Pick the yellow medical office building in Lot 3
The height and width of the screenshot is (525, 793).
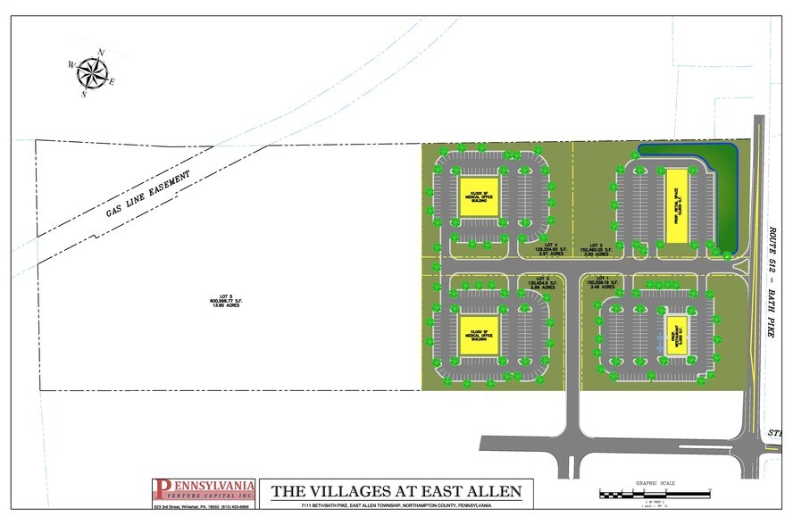click(x=472, y=337)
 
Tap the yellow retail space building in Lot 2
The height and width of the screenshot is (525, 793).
click(x=675, y=206)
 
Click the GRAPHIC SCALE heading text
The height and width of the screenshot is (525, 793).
click(x=655, y=483)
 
